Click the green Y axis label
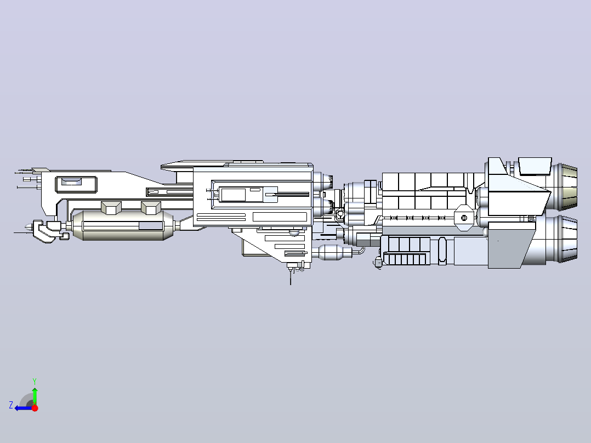[x=35, y=381]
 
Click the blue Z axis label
[x=11, y=405]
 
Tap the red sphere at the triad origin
[x=35, y=407]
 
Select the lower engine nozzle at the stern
[x=565, y=240]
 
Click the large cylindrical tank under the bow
[x=123, y=225]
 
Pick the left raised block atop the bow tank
[x=111, y=208]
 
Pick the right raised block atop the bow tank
[x=151, y=208]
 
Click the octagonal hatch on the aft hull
[x=464, y=218]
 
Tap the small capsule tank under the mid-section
[x=332, y=252]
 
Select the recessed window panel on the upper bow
[x=72, y=181]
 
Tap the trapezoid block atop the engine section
[x=535, y=166]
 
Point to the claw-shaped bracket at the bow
[x=48, y=231]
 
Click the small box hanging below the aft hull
[x=378, y=262]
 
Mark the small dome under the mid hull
[x=294, y=233]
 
